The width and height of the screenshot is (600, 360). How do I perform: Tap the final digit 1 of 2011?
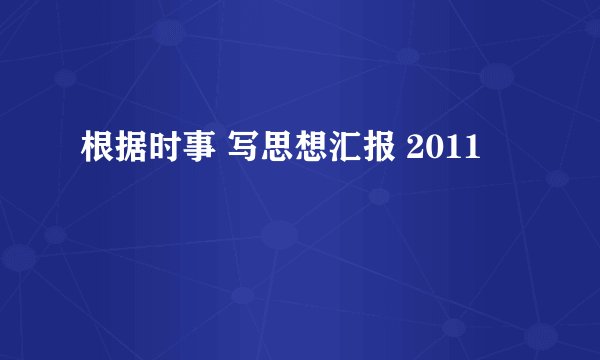(471, 151)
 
